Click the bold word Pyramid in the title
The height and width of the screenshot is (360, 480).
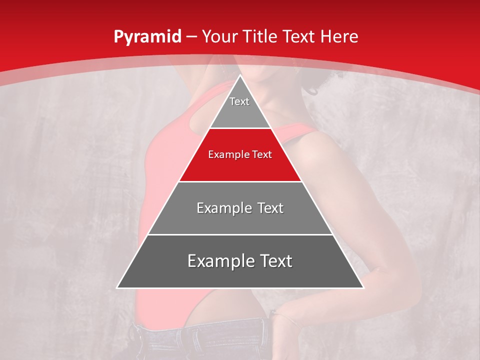point(147,37)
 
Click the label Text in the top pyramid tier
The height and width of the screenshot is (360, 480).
point(239,101)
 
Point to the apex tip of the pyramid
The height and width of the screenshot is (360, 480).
point(240,76)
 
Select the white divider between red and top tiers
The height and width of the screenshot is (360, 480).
point(240,128)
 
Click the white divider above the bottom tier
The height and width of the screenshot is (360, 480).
point(240,234)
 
